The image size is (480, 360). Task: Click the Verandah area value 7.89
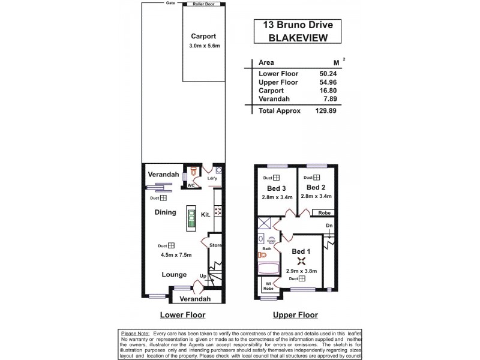click(x=328, y=99)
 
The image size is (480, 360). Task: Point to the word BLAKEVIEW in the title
click(x=294, y=38)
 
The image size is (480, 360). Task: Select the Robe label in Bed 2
click(x=324, y=212)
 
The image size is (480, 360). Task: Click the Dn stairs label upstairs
click(x=329, y=226)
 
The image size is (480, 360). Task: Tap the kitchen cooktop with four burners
click(x=218, y=212)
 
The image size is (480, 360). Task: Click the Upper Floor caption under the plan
click(x=295, y=315)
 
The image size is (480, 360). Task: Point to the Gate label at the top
click(x=171, y=4)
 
